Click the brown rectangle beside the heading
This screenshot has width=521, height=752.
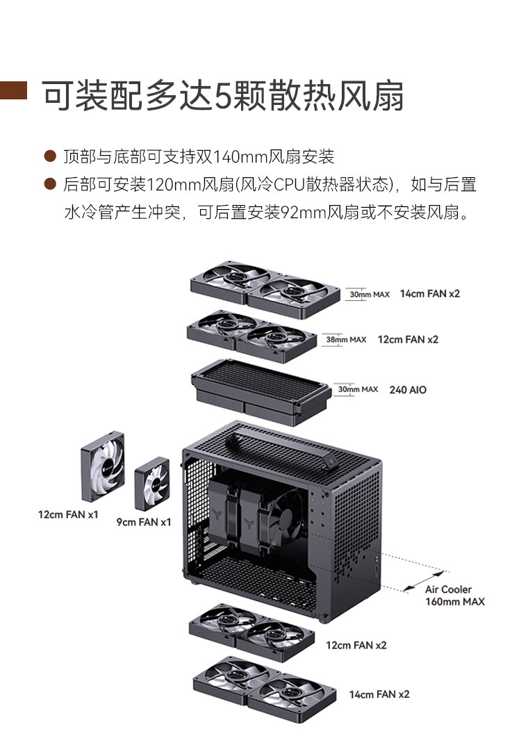click(x=13, y=91)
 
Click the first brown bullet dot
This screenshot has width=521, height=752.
click(x=49, y=156)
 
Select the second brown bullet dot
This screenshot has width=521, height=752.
click(x=49, y=184)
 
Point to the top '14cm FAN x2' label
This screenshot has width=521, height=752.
click(x=429, y=293)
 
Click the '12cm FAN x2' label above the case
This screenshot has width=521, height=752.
click(x=408, y=339)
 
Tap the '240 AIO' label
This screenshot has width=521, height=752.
click(x=408, y=390)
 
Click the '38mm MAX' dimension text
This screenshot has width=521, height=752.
click(x=345, y=340)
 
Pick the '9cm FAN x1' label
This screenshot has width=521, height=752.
click(x=143, y=522)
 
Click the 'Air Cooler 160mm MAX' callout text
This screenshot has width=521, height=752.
click(x=454, y=595)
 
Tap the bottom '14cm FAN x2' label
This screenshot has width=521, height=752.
click(x=379, y=694)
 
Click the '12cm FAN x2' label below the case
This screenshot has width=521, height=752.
click(x=356, y=645)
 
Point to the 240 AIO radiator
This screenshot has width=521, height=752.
click(x=260, y=390)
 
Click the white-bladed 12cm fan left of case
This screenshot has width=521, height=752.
click(x=103, y=465)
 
